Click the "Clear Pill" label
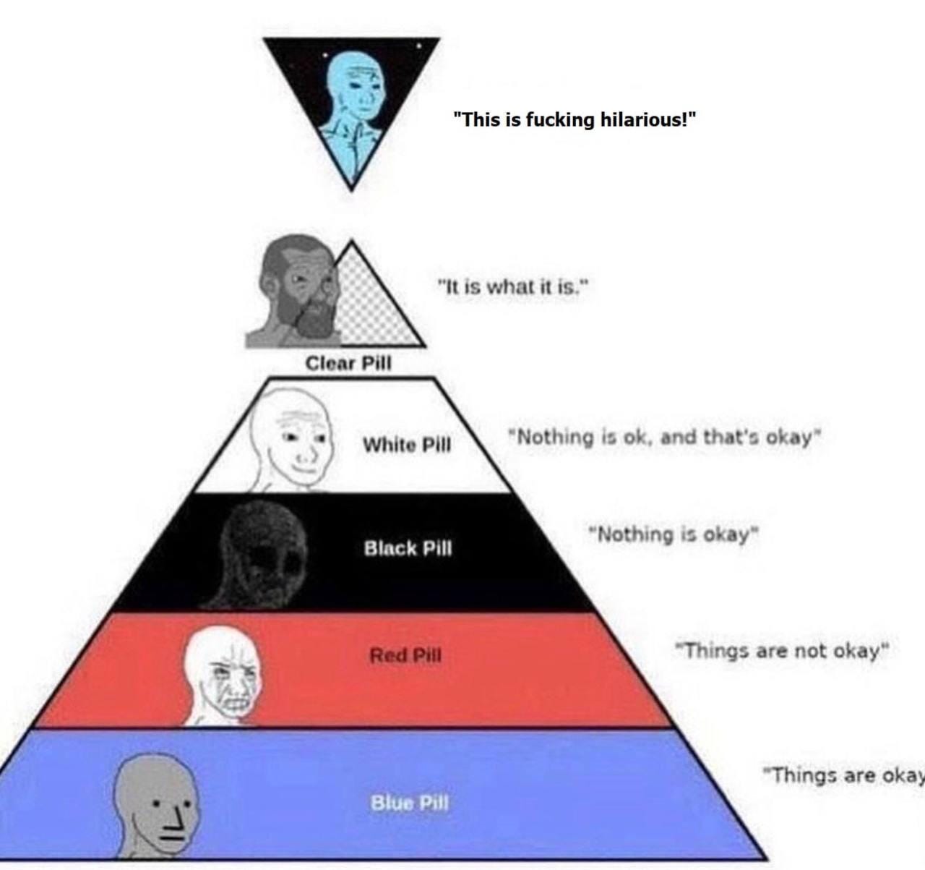pos(348,363)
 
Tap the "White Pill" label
pos(407,445)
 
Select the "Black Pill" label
pos(408,548)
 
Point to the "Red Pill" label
pos(405,655)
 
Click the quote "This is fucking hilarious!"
pos(575,120)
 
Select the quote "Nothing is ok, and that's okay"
pos(664,438)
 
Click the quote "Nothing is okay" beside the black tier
pos(674,534)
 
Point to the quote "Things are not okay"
pos(783,650)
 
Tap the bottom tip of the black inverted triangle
pos(352,190)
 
